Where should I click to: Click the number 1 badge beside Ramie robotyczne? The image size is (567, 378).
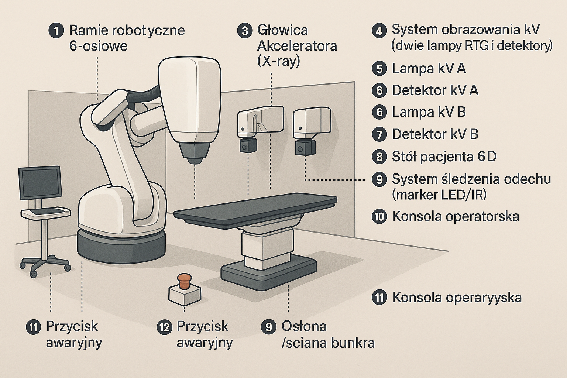pos(56,30)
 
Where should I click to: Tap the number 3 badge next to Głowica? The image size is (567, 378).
pos(245,30)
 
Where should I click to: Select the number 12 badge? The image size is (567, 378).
pos(165,327)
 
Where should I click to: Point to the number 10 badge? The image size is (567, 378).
pos(379,216)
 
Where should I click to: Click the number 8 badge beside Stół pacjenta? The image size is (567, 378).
pos(379,157)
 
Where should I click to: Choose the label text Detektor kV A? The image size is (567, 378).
pos(435,90)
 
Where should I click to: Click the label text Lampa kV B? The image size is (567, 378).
pos(429,112)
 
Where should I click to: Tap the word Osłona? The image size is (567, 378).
pos(304,326)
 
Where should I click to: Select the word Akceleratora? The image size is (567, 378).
pos(297,46)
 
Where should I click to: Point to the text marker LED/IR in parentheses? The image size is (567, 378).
pos(439,195)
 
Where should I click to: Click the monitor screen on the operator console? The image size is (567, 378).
pos(40,183)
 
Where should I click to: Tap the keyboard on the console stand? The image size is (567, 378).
pos(45,212)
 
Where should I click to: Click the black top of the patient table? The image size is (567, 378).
pos(255,210)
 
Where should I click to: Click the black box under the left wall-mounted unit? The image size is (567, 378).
pos(247,145)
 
